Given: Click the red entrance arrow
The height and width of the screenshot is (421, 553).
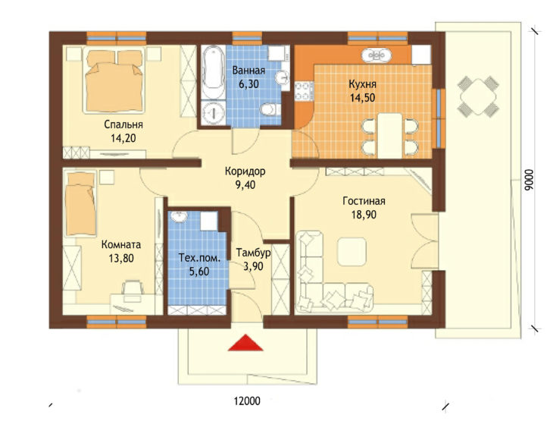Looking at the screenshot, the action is (245, 344).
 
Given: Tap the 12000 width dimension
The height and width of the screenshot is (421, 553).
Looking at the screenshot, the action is (247, 401).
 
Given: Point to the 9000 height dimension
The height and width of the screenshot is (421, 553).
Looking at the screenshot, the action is (528, 181).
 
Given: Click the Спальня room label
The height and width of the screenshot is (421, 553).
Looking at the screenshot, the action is (123, 124).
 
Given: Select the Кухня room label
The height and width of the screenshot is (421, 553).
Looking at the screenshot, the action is (362, 84).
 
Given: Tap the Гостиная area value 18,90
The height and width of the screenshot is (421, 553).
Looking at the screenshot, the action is (364, 215).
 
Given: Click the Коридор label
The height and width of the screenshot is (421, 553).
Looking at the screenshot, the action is (245, 171).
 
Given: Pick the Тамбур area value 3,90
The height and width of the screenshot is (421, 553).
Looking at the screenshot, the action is (253, 266).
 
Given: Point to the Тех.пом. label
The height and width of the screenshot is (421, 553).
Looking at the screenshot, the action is (199, 258).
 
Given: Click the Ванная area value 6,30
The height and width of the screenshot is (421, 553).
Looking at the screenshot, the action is (248, 83).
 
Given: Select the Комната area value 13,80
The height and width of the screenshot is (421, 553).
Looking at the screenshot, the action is (121, 258).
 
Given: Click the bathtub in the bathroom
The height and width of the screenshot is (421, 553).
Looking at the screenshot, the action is (213, 72).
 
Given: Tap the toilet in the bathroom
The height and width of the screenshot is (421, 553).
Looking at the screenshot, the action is (270, 108).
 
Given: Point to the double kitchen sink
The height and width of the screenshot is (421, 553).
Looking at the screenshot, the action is (376, 55).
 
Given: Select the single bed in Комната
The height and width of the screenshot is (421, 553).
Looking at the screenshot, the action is (81, 203).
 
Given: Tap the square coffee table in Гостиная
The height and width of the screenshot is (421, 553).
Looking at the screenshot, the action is (351, 252).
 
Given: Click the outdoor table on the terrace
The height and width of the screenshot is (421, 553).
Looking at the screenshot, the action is (478, 96).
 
